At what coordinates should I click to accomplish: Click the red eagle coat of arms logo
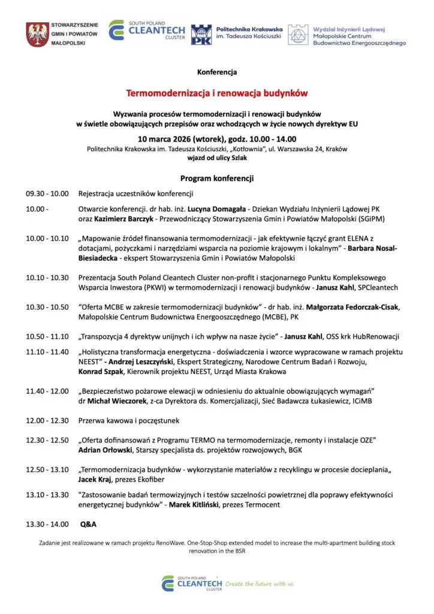pyautogui.click(x=37, y=34)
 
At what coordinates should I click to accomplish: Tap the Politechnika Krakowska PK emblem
pyautogui.click(x=201, y=35)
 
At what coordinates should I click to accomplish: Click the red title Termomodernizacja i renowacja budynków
pyautogui.click(x=216, y=94)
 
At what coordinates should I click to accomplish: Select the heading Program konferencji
pyautogui.click(x=216, y=179)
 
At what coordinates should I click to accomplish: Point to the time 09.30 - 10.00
pyautogui.click(x=47, y=194)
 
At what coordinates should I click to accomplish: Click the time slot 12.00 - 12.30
pyautogui.click(x=47, y=420)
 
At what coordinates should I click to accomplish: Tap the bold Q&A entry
pyautogui.click(x=88, y=524)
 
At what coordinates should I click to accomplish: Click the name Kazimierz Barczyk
pyautogui.click(x=120, y=219)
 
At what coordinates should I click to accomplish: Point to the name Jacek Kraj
pyautogui.click(x=97, y=479)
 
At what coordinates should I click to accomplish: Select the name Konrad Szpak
pyautogui.click(x=101, y=372)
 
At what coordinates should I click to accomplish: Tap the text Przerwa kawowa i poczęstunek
pyautogui.click(x=129, y=420)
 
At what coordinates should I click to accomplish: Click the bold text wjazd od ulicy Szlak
pyautogui.click(x=216, y=158)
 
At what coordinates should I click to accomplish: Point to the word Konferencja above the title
pyautogui.click(x=216, y=72)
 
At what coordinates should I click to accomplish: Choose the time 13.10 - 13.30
pyautogui.click(x=47, y=495)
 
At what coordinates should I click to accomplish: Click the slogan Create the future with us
pyautogui.click(x=260, y=583)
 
